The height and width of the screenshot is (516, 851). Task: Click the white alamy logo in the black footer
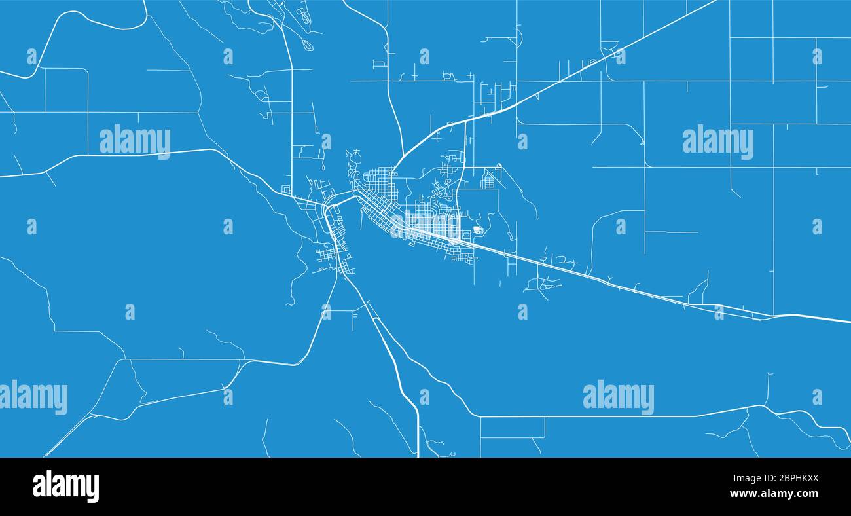coord(65,487)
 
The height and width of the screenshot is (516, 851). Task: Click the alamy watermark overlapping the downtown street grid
coord(425,225)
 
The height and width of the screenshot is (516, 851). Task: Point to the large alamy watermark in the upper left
coord(135,141)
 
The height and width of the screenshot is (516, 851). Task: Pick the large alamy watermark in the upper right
coord(717,141)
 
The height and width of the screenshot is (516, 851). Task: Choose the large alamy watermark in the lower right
coord(618,397)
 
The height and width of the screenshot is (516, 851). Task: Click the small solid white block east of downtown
coord(479,230)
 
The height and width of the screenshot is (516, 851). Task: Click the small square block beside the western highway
coord(286,190)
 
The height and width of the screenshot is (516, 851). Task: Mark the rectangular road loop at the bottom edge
coord(512,428)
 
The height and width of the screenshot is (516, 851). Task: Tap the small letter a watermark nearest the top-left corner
coord(31,56)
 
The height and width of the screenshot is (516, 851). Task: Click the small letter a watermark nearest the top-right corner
coord(817,56)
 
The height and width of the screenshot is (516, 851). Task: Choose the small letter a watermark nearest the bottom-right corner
coord(817,397)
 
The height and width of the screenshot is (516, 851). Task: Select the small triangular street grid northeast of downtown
coord(488,179)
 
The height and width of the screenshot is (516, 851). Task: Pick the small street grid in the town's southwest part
coord(327,255)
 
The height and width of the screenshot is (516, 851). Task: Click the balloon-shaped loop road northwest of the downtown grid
coord(354,157)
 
